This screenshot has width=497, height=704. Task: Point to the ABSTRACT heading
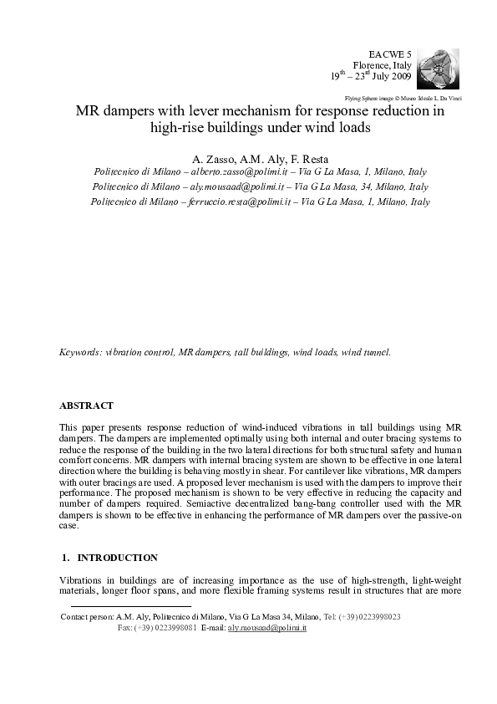(86, 406)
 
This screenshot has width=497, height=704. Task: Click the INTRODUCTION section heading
(117, 557)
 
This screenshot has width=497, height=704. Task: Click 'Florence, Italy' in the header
(383, 64)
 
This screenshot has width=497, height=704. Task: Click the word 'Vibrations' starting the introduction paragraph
(81, 580)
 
